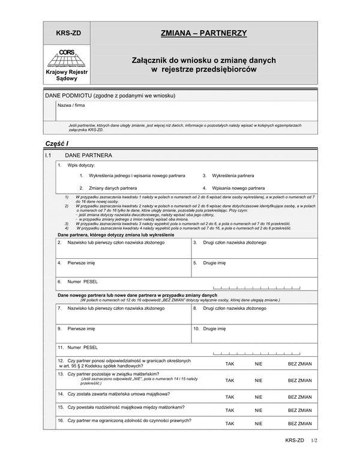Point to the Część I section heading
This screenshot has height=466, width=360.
[58, 144]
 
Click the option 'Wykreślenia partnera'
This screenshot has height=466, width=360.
[231, 176]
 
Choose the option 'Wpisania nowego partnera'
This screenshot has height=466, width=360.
[236, 188]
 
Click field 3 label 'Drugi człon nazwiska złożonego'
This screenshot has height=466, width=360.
[234, 243]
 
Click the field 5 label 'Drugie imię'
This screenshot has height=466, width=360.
[214, 263]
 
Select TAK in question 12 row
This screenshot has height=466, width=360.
[229, 363]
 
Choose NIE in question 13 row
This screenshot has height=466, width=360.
[259, 380]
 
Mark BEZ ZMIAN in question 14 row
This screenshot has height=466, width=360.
[299, 397]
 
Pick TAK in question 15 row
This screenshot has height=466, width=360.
[229, 411]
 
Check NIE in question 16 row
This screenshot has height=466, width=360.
[259, 424]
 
